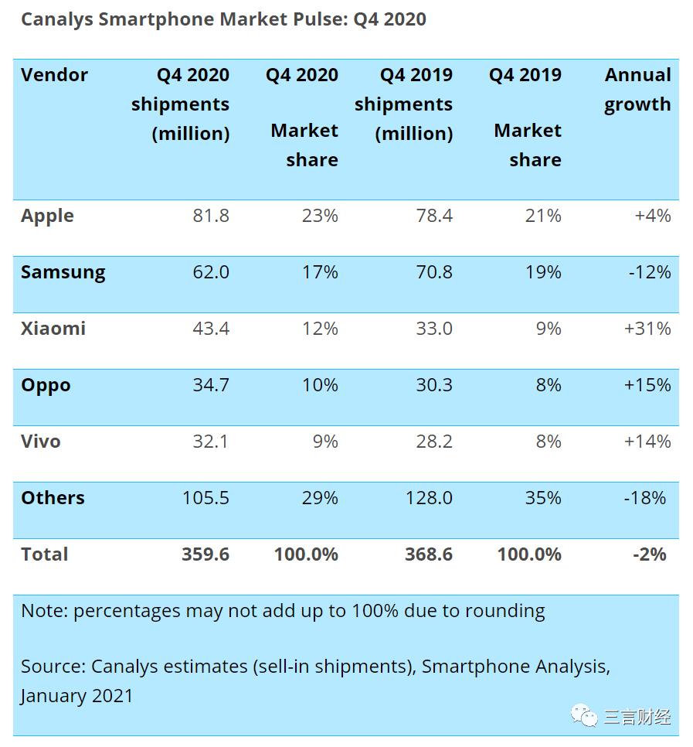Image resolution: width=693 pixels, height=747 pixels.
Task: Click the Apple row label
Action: [47, 216]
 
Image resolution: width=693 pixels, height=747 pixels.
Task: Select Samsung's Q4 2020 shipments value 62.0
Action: [211, 272]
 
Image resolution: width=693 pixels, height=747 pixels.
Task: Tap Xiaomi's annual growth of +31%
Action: [647, 329]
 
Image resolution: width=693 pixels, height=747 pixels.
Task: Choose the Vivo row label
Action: [40, 442]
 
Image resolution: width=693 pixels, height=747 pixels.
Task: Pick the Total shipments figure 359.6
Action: [206, 554]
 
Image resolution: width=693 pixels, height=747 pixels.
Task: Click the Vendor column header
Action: [54, 75]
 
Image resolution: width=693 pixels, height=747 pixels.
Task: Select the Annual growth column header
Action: [637, 90]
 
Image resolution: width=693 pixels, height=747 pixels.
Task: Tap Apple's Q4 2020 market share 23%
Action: [320, 216]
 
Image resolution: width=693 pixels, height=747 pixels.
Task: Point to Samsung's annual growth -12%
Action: [647, 272]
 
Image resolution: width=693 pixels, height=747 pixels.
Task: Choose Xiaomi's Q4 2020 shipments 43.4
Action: [211, 329]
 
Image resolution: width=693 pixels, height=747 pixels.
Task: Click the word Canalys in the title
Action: [54, 19]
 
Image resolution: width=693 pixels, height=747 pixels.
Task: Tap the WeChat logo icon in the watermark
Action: [584, 717]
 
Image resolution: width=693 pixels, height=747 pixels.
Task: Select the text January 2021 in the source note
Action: [76, 695]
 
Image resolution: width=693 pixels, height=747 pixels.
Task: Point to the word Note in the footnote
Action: [44, 611]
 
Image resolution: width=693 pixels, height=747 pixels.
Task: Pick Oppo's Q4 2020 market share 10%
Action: [320, 385]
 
